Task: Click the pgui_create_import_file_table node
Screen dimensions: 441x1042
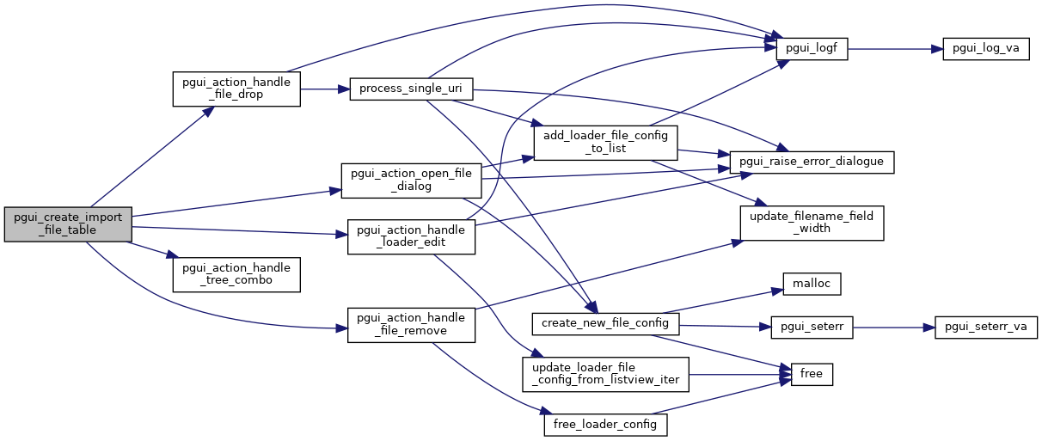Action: click(69, 224)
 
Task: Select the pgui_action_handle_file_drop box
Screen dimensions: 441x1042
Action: click(236, 89)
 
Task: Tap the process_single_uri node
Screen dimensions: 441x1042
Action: click(411, 89)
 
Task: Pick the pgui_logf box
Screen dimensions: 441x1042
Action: click(812, 49)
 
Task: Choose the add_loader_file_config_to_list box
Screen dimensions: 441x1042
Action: click(606, 142)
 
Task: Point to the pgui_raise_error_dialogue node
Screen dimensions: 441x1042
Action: click(812, 161)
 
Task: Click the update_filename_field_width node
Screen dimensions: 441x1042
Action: click(812, 223)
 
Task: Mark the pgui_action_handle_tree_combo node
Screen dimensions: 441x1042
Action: click(236, 273)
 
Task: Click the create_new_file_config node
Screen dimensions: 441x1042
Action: click(606, 323)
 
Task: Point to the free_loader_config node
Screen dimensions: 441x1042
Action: click(606, 424)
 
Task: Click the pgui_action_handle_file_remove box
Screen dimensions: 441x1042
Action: click(411, 324)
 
